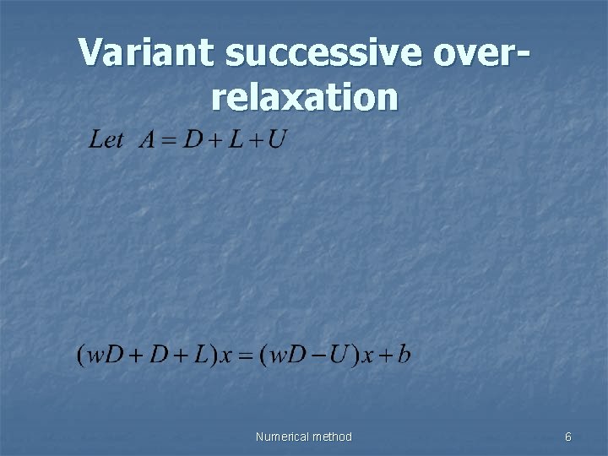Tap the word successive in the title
(319, 52)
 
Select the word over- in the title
(481, 52)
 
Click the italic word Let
(106, 139)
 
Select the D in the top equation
(193, 139)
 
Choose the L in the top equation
(236, 139)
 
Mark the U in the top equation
(276, 139)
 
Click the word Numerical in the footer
(283, 437)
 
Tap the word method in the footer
(332, 437)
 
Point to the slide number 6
(568, 437)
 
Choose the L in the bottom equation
(199, 354)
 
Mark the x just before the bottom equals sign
(225, 356)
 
